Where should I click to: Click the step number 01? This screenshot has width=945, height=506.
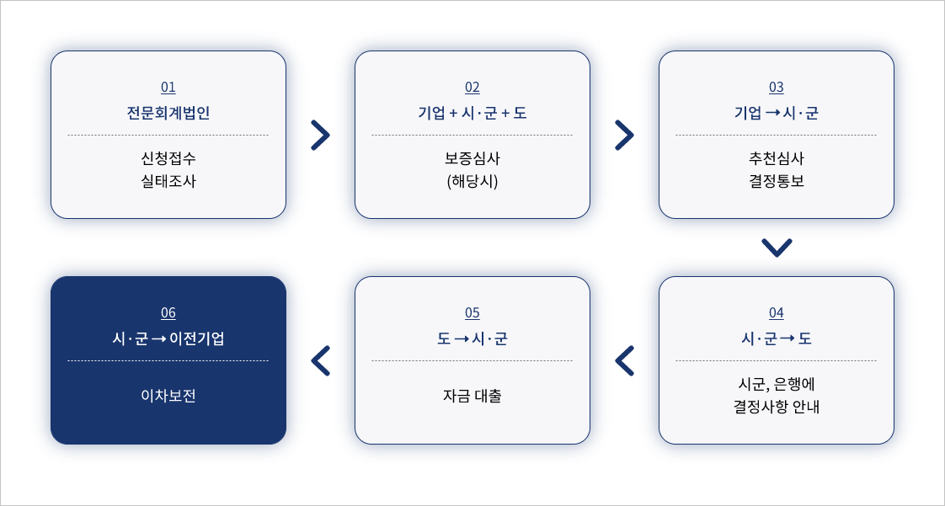(x=168, y=88)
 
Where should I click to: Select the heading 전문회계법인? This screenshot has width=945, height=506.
(x=168, y=113)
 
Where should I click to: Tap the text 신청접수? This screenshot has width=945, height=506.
(x=168, y=158)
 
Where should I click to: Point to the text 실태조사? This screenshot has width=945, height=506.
(x=168, y=180)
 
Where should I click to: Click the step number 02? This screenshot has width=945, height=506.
(x=472, y=88)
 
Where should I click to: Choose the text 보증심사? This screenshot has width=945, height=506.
(x=472, y=158)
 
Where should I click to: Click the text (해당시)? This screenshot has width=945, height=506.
(x=472, y=180)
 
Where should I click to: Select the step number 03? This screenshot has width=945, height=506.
(x=777, y=88)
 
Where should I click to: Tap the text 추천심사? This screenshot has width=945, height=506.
(x=777, y=158)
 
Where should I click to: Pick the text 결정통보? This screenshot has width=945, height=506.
(x=777, y=180)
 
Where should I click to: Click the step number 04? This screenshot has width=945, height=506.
(x=777, y=313)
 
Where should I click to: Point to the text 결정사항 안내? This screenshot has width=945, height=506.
(x=777, y=407)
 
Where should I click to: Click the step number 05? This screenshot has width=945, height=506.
(x=472, y=313)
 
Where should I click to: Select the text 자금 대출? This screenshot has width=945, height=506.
(x=472, y=396)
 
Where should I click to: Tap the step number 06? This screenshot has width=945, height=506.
(x=168, y=313)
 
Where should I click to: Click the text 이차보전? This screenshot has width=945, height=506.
(x=168, y=396)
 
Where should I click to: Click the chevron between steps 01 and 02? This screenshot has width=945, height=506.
(x=320, y=135)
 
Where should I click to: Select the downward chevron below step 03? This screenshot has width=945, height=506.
(x=777, y=248)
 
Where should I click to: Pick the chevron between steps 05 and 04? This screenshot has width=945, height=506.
(x=624, y=360)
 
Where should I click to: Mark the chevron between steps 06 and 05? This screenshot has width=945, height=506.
(x=320, y=360)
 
